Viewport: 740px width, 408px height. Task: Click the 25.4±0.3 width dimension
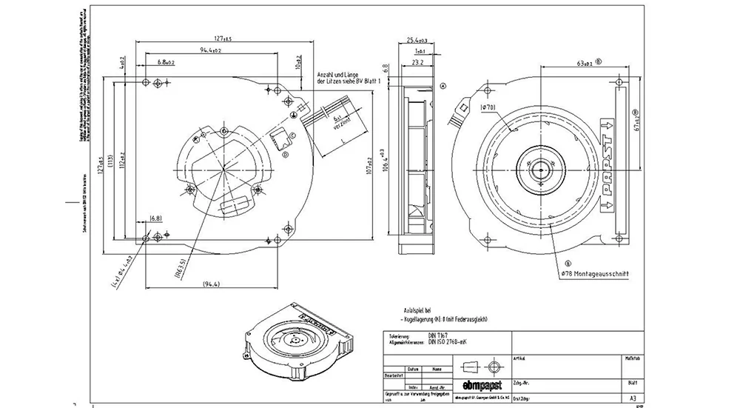(418, 40)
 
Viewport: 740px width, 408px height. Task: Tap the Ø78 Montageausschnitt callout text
(595, 274)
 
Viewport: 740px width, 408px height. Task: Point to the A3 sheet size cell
(630, 397)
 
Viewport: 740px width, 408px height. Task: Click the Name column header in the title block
(437, 368)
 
